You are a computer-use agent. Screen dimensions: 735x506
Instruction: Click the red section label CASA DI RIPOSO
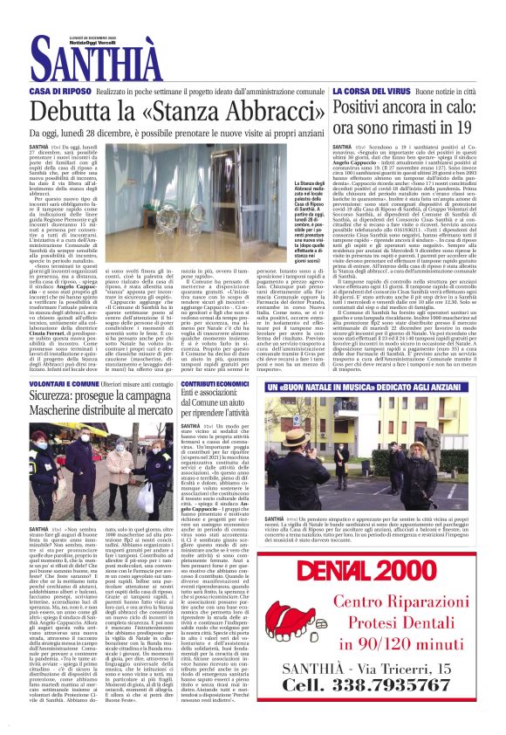[58, 91]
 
